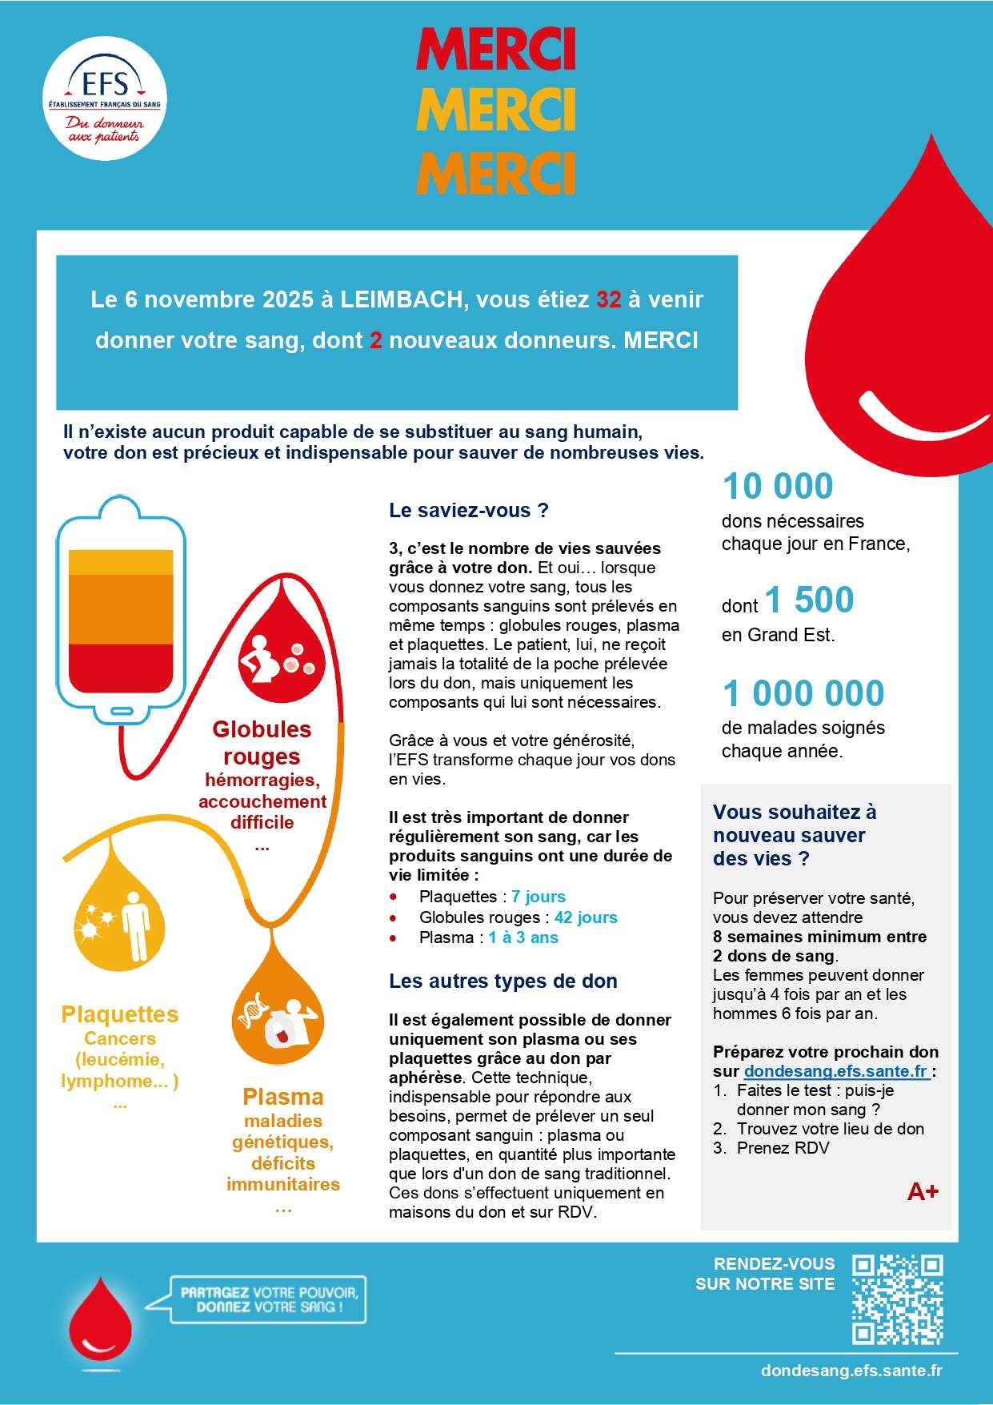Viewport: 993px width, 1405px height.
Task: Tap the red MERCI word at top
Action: (495, 50)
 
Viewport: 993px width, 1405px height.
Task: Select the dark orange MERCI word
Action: (495, 172)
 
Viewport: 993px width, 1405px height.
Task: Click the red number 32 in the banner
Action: (608, 299)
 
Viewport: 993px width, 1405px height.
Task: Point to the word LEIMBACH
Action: (401, 299)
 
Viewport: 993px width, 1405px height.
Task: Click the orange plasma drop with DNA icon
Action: (278, 1013)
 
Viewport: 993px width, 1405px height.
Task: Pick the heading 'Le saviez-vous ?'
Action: (468, 511)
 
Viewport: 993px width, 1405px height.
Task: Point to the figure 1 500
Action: (809, 600)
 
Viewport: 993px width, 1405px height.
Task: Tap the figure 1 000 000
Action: (803, 693)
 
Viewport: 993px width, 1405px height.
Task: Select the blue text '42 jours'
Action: (586, 917)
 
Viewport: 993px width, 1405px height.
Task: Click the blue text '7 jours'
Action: (539, 897)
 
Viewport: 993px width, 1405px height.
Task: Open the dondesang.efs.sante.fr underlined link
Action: (835, 1071)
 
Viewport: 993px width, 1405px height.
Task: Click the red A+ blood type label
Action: (923, 1192)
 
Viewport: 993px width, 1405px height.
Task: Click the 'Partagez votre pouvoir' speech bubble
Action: (268, 1299)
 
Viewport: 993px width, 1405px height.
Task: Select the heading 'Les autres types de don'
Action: (503, 981)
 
